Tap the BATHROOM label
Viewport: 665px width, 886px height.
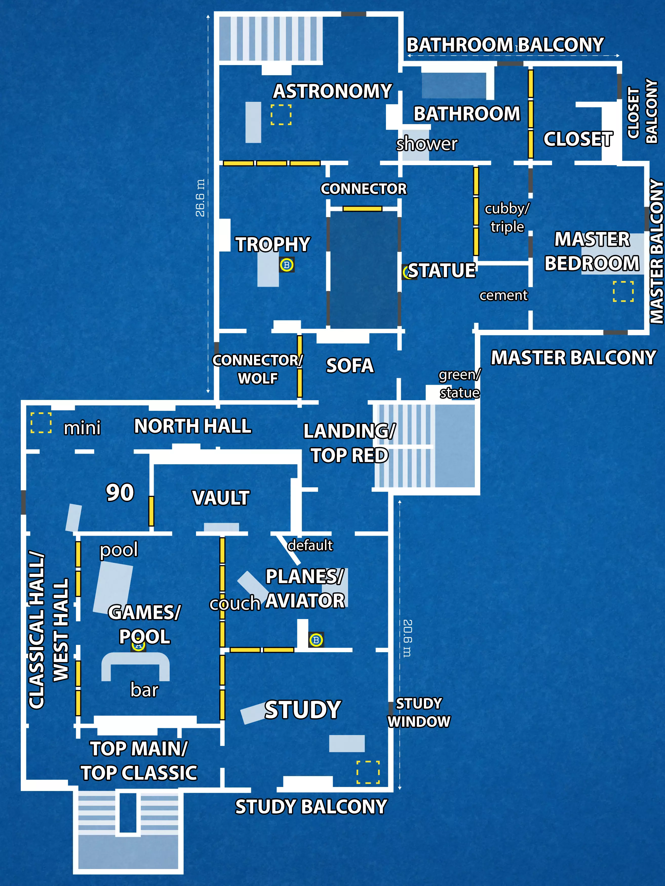(x=467, y=114)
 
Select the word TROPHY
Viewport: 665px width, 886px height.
(x=273, y=244)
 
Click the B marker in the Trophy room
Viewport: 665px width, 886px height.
(x=287, y=265)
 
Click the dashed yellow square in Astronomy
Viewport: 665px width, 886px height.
(x=281, y=114)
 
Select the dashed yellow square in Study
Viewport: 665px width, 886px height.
(x=368, y=772)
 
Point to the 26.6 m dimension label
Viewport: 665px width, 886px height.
(x=200, y=198)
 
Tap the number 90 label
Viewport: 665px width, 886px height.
(x=120, y=492)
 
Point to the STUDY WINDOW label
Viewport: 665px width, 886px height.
(x=419, y=712)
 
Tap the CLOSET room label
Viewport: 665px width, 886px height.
(x=578, y=139)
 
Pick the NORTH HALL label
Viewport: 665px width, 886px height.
(x=192, y=426)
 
